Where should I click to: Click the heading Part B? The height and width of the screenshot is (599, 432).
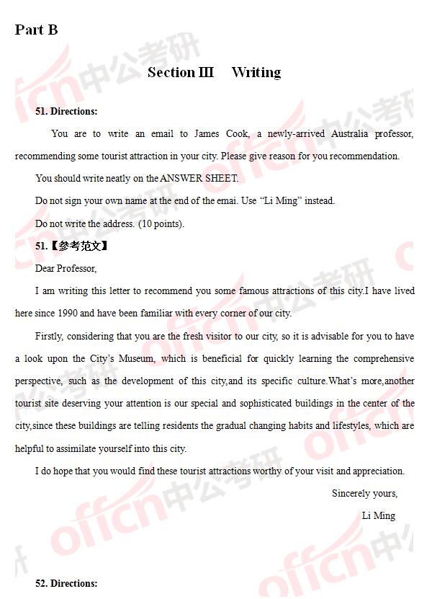point(36,30)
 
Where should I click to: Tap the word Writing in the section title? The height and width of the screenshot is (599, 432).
point(256,72)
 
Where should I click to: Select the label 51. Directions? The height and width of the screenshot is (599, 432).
point(66,112)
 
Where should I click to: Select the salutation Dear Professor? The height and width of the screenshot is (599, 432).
point(66,268)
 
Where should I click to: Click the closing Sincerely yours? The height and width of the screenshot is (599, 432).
point(364,493)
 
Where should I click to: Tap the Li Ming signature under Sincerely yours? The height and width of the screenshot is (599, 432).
point(378,515)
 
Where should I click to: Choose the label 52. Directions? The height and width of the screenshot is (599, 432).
point(66,583)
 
